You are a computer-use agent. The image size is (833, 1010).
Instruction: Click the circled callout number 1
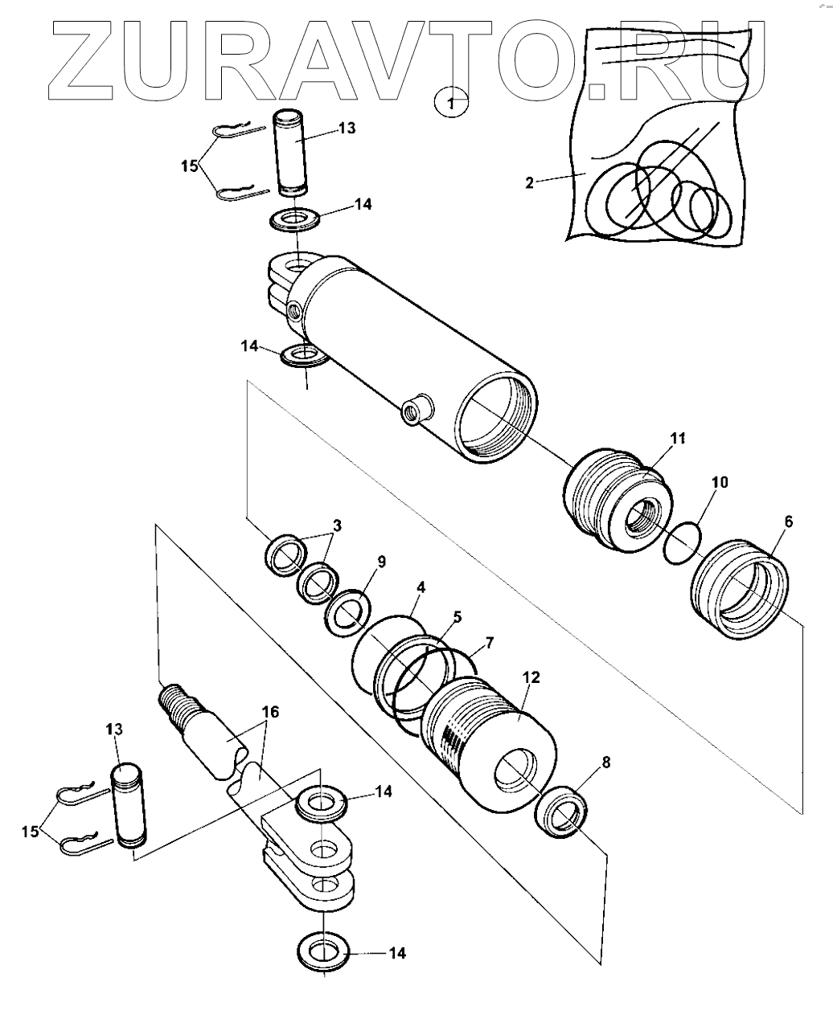[451, 103]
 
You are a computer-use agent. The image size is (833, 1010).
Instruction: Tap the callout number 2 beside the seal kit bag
[530, 183]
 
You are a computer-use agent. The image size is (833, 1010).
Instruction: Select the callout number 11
[678, 438]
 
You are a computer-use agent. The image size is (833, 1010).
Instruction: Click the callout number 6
[789, 521]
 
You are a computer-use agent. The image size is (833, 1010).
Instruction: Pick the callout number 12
[531, 677]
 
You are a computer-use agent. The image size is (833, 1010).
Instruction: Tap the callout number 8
[606, 763]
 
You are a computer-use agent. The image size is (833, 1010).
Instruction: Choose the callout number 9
[381, 562]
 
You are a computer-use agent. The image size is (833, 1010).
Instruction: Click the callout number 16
[270, 712]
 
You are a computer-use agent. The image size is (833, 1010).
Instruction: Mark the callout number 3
[338, 525]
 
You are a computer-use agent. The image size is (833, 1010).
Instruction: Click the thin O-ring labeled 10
[683, 542]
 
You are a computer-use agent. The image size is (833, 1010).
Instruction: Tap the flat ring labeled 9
[348, 613]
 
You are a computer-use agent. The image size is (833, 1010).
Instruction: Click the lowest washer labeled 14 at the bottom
[323, 951]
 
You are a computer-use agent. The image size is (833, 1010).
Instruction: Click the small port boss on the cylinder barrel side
[417, 410]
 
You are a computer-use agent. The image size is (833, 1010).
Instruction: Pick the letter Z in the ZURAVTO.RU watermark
[81, 61]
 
